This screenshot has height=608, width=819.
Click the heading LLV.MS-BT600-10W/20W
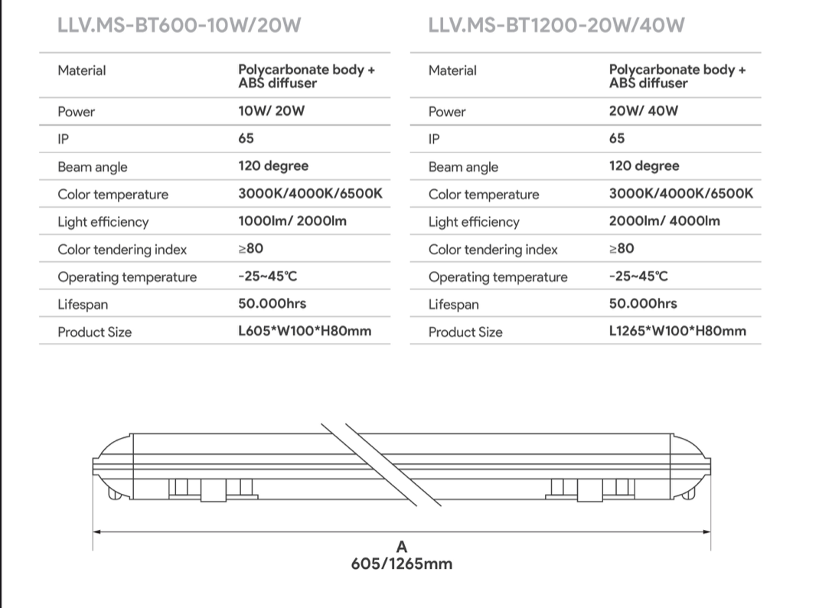179,26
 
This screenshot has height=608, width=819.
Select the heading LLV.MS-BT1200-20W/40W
556,26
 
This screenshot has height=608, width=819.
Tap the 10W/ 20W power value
271,111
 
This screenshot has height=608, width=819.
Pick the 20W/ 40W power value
643,111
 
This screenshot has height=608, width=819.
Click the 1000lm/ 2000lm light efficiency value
292,221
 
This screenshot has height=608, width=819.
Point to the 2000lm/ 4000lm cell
664,221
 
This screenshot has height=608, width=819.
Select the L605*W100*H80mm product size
305,332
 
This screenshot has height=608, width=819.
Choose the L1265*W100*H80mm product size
677,332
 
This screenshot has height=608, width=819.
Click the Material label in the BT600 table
81,70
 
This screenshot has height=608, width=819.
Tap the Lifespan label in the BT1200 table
453,305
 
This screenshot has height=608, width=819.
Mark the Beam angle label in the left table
92,167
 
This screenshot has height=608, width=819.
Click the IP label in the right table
434,139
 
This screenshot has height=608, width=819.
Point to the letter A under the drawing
402,547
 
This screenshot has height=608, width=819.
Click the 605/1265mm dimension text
402,564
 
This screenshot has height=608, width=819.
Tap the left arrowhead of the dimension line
96,531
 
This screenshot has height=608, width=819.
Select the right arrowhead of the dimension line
707,531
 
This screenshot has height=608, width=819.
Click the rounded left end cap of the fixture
111,467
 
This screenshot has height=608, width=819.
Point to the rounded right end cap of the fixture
692,467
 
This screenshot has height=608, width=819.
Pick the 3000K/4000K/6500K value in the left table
310,194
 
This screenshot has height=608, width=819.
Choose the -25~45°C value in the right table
638,276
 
